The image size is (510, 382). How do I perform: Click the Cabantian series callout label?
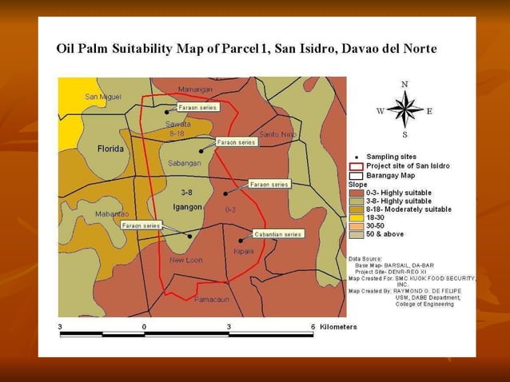point(277,234)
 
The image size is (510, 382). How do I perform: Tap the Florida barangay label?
point(110,149)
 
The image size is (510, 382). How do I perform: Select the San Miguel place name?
point(103,97)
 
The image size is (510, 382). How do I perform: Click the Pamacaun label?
point(211,299)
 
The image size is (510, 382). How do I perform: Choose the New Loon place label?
point(186,260)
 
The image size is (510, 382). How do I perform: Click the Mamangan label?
point(195,89)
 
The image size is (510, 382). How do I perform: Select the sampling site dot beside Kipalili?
point(241,239)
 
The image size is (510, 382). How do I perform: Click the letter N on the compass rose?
point(404,84)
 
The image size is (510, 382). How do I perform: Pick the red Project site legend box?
point(356,165)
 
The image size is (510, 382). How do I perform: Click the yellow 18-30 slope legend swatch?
point(356,217)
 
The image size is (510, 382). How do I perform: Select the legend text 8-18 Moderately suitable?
point(408,209)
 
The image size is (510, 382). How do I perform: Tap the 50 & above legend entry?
point(385,234)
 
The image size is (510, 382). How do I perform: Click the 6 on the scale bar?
point(312,327)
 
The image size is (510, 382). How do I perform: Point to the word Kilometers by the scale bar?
point(338,327)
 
